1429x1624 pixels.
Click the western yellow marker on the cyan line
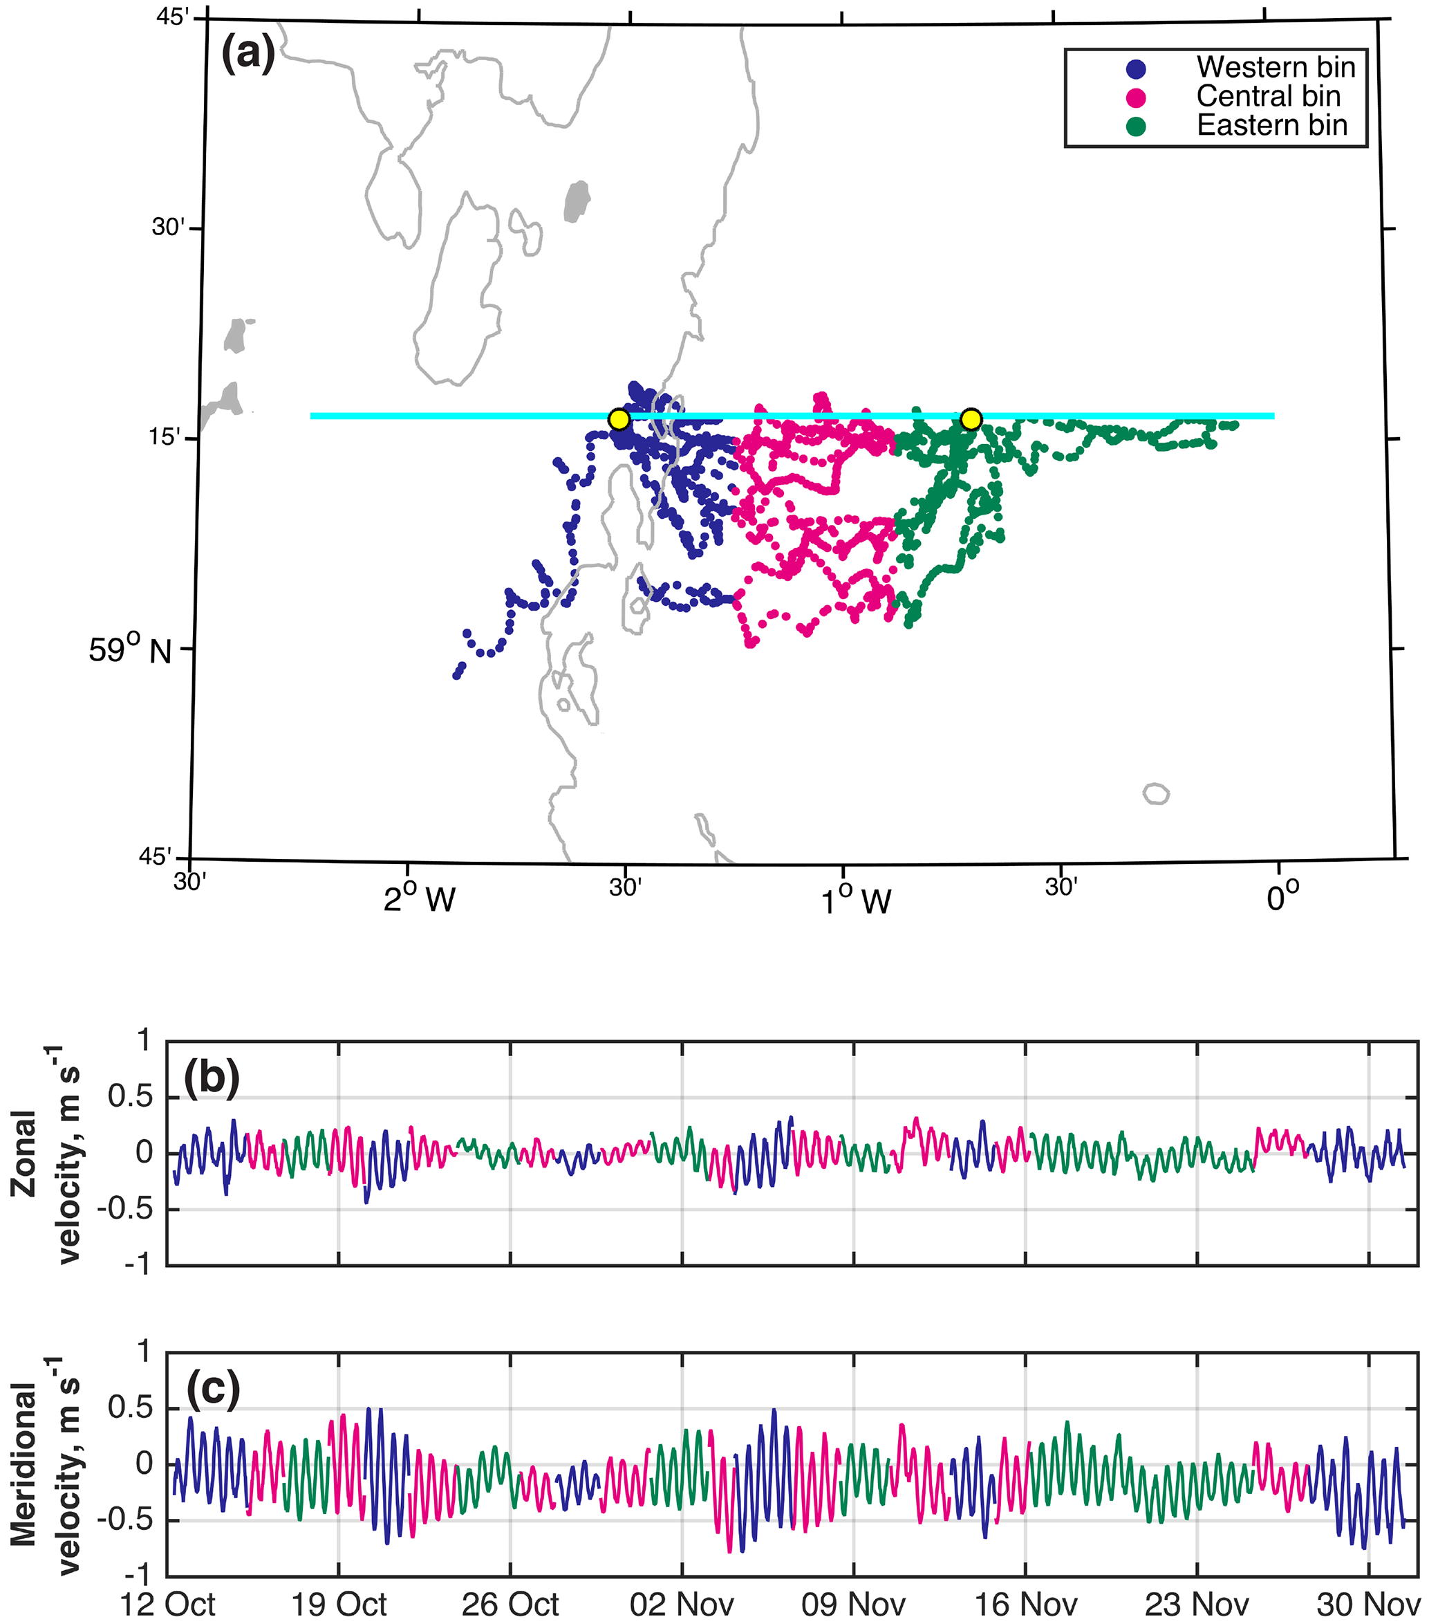tap(619, 418)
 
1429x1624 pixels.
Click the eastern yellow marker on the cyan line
tap(971, 418)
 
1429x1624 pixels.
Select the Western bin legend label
tap(1276, 68)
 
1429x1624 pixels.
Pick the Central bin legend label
tap(1268, 96)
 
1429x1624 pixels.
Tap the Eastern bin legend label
tap(1272, 125)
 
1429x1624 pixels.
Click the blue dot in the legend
tap(1136, 69)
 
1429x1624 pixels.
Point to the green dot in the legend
tap(1136, 127)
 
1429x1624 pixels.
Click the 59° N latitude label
tap(129, 651)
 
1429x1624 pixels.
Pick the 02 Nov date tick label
tap(682, 1603)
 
